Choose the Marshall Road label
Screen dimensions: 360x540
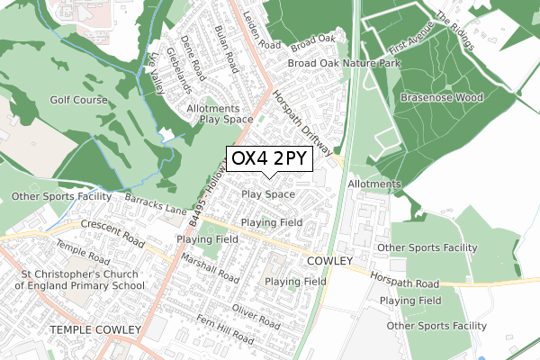tap(210, 265)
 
